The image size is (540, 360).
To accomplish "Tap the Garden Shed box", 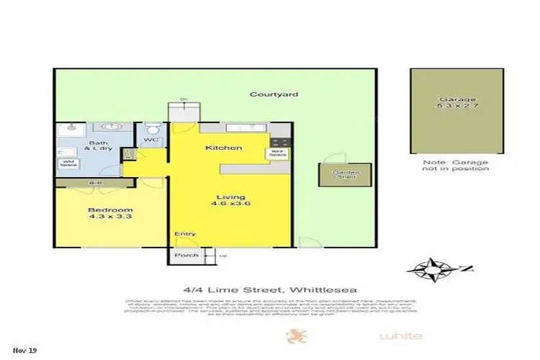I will pos(336,176).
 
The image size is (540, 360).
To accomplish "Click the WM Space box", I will pos(68,162).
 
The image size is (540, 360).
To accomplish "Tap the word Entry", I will pos(184,234).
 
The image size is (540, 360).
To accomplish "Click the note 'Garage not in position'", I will pos(456,165).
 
